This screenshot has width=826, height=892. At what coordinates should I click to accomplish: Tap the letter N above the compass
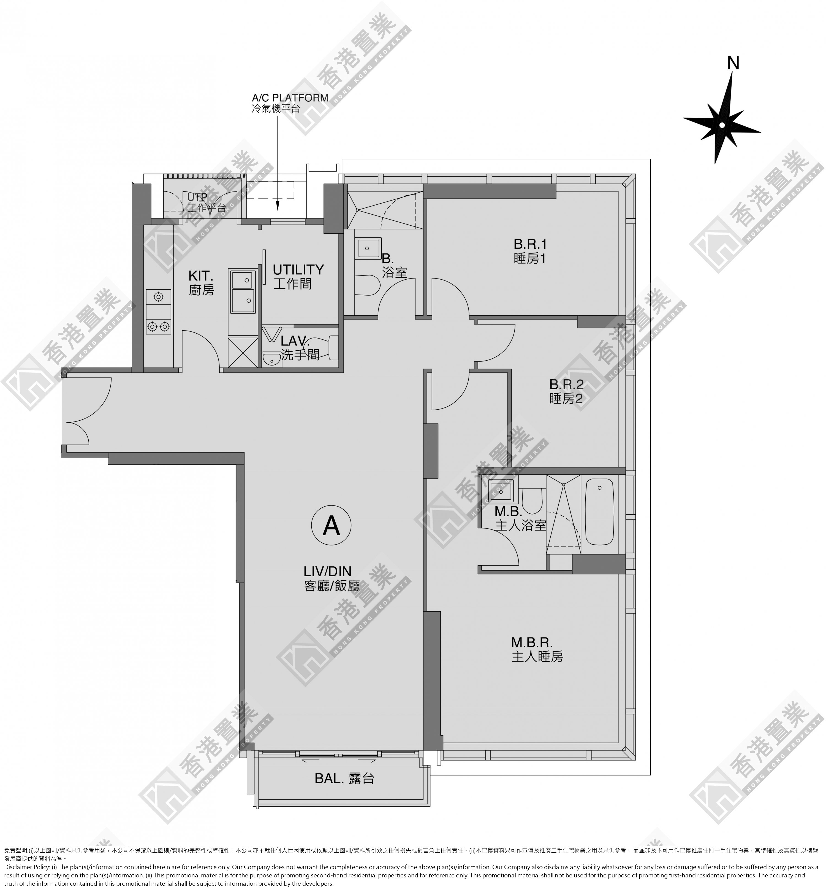pyautogui.click(x=733, y=63)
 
